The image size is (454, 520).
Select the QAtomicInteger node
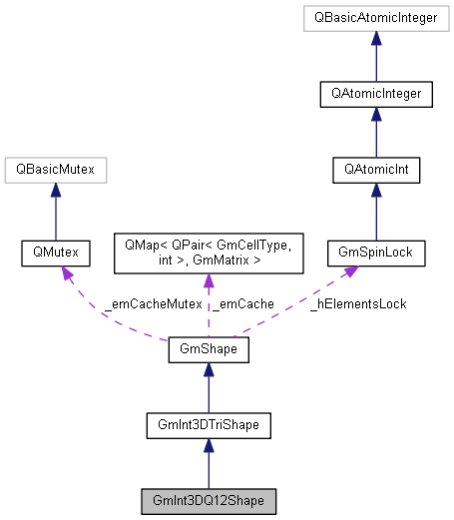[x=376, y=95]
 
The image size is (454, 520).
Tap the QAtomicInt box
[x=376, y=171]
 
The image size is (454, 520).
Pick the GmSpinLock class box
[x=376, y=255]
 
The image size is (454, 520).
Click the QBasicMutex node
[x=54, y=171]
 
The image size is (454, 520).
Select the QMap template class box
[x=208, y=255]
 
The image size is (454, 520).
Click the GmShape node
[x=208, y=350]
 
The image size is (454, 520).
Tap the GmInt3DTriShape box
[x=208, y=425]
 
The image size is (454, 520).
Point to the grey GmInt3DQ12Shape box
[x=208, y=499]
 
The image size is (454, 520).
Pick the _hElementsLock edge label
[x=357, y=302]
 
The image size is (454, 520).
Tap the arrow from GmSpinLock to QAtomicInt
[x=376, y=213]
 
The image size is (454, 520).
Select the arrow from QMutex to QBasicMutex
[x=54, y=213]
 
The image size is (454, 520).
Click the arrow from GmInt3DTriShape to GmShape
[x=208, y=388]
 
